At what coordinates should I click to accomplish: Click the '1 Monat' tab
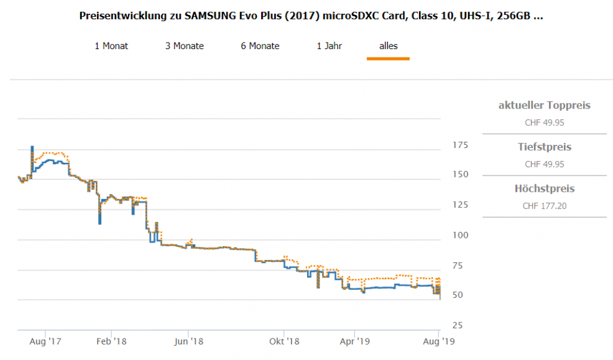pyautogui.click(x=111, y=46)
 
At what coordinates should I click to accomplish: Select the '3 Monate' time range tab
pyautogui.click(x=184, y=46)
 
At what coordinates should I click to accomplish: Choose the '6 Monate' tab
pyautogui.click(x=260, y=46)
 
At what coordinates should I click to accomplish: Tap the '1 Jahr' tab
pyautogui.click(x=329, y=46)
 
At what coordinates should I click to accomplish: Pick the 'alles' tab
pyautogui.click(x=388, y=46)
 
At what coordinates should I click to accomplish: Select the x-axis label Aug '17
pyautogui.click(x=45, y=342)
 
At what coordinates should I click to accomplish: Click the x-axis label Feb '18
pyautogui.click(x=111, y=342)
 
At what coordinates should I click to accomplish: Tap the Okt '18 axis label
pyautogui.click(x=284, y=342)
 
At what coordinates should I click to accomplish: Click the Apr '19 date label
pyautogui.click(x=354, y=342)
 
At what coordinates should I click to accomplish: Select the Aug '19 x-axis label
pyautogui.click(x=439, y=342)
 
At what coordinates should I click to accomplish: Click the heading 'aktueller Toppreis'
pyautogui.click(x=544, y=105)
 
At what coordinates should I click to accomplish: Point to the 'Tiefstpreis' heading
pyautogui.click(x=544, y=147)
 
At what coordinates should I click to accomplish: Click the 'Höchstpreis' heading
pyautogui.click(x=544, y=189)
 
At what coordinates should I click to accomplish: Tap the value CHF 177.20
pyautogui.click(x=544, y=206)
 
